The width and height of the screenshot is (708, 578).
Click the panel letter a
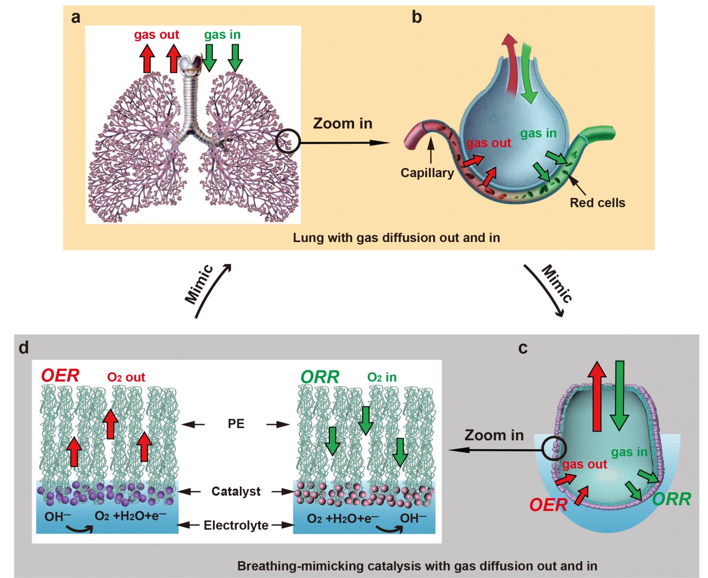pyautogui.click(x=76, y=18)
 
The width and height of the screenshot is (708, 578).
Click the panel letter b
pyautogui.click(x=416, y=18)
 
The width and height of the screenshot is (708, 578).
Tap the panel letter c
pyautogui.click(x=523, y=348)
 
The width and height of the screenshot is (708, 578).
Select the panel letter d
pyautogui.click(x=24, y=348)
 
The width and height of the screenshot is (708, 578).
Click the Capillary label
pyautogui.click(x=427, y=173)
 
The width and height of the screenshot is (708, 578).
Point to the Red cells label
pyautogui.click(x=597, y=203)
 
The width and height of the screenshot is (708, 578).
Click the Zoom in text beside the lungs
pyautogui.click(x=343, y=123)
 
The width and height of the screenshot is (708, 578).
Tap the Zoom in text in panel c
pyautogui.click(x=494, y=435)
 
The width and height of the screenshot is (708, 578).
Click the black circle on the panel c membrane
pyautogui.click(x=555, y=448)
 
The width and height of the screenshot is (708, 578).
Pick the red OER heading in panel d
pyautogui.click(x=60, y=376)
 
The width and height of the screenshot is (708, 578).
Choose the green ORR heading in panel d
pyautogui.click(x=320, y=377)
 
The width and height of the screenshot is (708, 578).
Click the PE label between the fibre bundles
pyautogui.click(x=236, y=424)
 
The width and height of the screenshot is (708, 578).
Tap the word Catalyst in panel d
pyautogui.click(x=236, y=491)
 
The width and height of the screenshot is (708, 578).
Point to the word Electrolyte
pyautogui.click(x=236, y=525)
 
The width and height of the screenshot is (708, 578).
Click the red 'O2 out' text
pyautogui.click(x=126, y=377)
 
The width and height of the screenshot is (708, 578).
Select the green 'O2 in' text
pyautogui.click(x=382, y=377)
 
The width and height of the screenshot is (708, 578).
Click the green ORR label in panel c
pyautogui.click(x=671, y=499)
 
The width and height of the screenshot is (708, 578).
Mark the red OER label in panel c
pyautogui.click(x=548, y=505)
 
